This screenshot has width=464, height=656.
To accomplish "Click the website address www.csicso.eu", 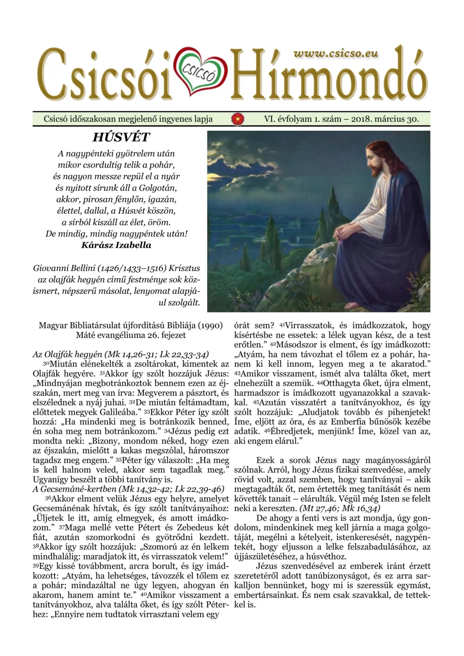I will point(336,53).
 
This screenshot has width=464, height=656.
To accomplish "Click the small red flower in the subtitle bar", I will point(238,119).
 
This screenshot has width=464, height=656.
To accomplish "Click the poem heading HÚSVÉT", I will point(121,137).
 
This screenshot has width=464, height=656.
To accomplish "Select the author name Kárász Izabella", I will point(116,245).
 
